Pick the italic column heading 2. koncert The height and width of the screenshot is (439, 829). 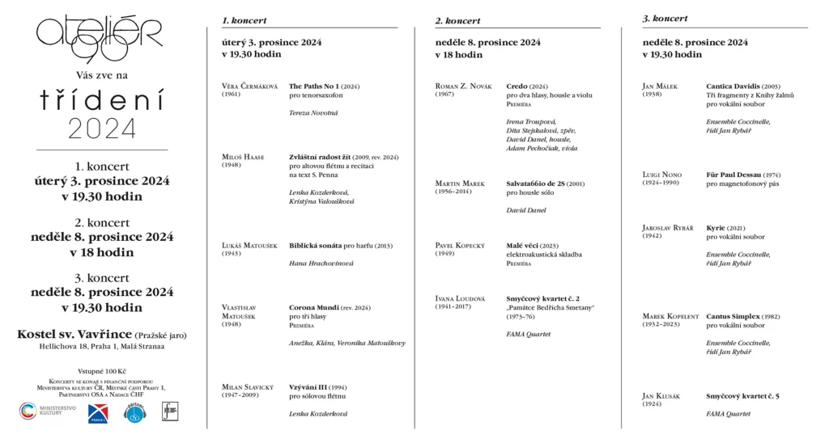tap(457, 20)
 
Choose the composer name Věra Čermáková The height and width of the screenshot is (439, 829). tap(249, 86)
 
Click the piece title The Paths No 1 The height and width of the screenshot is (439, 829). tap(315, 86)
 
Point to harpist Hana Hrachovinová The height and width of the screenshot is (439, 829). tap(321, 264)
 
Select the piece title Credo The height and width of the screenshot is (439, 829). tap(517, 86)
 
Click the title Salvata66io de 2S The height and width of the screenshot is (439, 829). tap(535, 184)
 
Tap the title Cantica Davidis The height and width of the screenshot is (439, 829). tap(732, 86)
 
